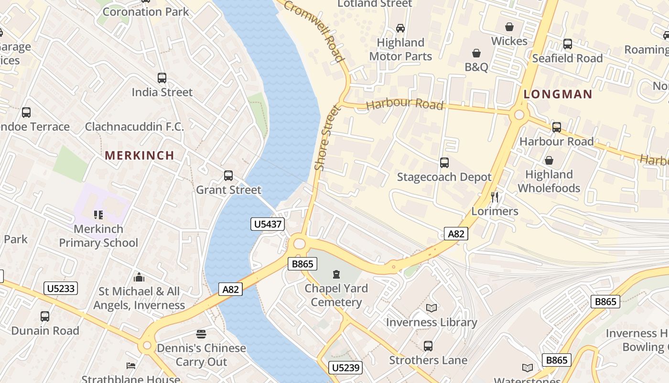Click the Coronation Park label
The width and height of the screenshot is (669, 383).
pyautogui.click(x=146, y=12)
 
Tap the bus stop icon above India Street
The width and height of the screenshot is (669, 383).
pyautogui.click(x=162, y=78)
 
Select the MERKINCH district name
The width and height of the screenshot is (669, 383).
pyautogui.click(x=140, y=155)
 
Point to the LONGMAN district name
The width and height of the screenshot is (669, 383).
pyautogui.click(x=558, y=94)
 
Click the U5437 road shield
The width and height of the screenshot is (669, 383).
pyautogui.click(x=268, y=224)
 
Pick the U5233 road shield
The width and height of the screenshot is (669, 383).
pyautogui.click(x=61, y=288)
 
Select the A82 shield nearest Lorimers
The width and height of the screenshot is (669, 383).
pyautogui.click(x=456, y=234)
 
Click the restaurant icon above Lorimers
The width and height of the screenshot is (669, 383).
pyautogui.click(x=495, y=197)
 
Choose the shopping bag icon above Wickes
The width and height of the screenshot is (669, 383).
pyautogui.click(x=509, y=26)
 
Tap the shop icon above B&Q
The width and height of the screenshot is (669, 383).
pyautogui.click(x=476, y=53)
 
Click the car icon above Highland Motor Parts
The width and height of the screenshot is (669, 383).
pyautogui.click(x=400, y=28)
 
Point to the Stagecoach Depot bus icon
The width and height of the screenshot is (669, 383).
pyautogui.click(x=444, y=163)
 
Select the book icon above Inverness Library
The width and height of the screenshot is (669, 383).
pyautogui.click(x=432, y=308)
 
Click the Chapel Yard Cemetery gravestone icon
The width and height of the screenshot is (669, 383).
pyautogui.click(x=336, y=274)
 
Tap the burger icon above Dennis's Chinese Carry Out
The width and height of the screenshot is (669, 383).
pyautogui.click(x=201, y=334)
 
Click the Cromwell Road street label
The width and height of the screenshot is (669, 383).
pyautogui.click(x=315, y=30)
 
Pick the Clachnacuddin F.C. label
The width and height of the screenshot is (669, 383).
pyautogui.click(x=134, y=127)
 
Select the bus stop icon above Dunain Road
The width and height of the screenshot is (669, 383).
pyautogui.click(x=45, y=316)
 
